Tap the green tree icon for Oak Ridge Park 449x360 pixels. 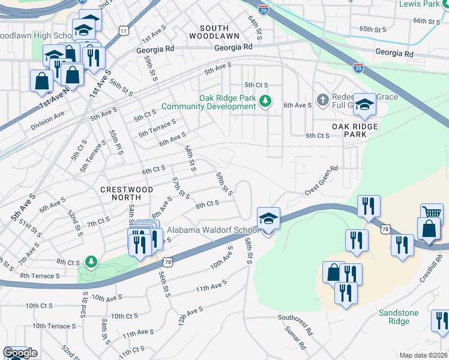(x=265, y=101)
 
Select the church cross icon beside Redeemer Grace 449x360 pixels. (x=322, y=100)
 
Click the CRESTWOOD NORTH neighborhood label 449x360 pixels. (x=127, y=194)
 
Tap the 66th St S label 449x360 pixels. (x=427, y=21)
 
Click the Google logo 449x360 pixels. (x=20, y=353)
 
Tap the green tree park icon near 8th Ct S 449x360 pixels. (x=91, y=262)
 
